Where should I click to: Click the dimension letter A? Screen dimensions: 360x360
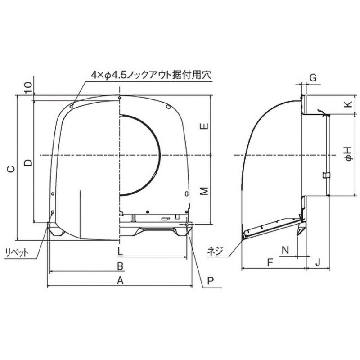[x=120, y=280]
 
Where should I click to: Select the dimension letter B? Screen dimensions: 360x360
[x=120, y=266]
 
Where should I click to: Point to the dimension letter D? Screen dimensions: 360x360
[x=28, y=162]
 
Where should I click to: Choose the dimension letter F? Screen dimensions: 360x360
[x=270, y=262]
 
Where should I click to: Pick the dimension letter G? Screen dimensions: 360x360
[x=313, y=77]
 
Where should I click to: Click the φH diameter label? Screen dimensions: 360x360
[x=348, y=153]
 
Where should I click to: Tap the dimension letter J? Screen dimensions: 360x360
[x=318, y=262]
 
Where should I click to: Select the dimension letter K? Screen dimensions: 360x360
[x=348, y=104]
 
